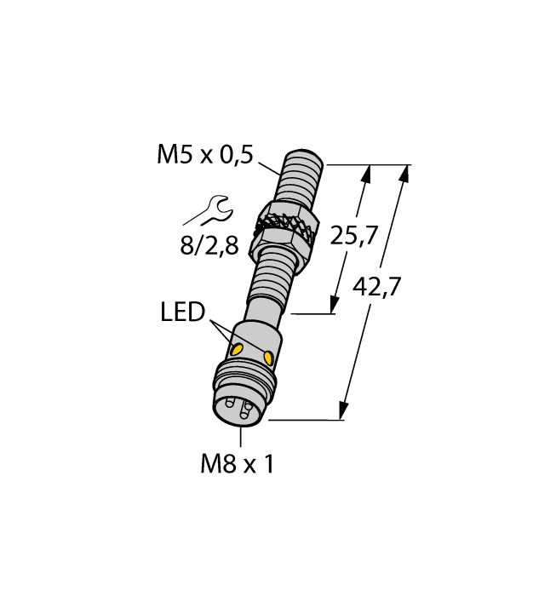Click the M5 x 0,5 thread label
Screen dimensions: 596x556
(x=205, y=154)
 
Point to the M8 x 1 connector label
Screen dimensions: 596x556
(x=238, y=464)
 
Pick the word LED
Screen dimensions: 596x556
(x=183, y=312)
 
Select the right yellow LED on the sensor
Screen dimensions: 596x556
(x=270, y=357)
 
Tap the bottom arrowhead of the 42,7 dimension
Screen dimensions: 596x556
(x=344, y=410)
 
